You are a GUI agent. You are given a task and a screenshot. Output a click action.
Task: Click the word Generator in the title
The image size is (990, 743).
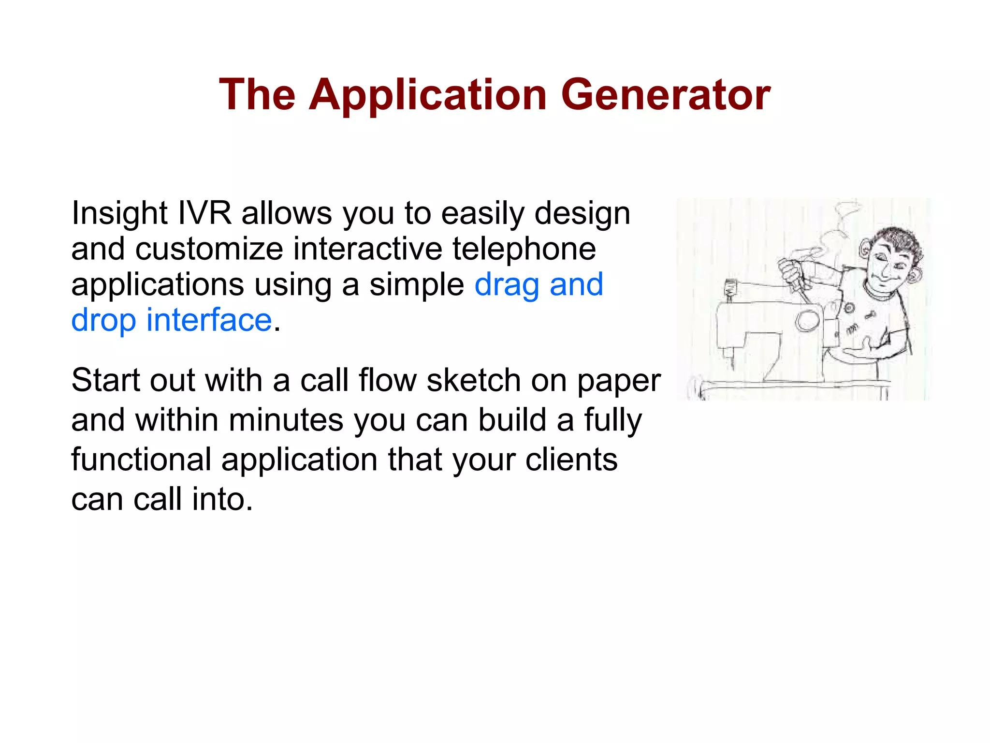[666, 95]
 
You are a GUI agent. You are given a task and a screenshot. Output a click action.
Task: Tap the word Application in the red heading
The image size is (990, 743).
[427, 95]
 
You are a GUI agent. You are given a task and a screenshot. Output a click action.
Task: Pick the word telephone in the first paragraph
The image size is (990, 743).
[524, 249]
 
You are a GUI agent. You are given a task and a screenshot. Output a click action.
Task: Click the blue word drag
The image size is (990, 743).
[507, 285]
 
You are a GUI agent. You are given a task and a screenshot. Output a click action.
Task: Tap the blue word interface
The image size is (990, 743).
[209, 320]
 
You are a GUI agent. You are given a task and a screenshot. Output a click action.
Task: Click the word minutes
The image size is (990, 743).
[286, 420]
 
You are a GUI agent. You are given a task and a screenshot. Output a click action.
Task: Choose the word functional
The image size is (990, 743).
[141, 460]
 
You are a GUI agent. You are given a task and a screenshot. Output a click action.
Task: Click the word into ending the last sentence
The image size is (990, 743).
[222, 499]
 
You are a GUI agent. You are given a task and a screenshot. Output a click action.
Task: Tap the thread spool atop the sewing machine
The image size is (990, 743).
[730, 289]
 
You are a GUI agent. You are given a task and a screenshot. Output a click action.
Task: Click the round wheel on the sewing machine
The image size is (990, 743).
[806, 320]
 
